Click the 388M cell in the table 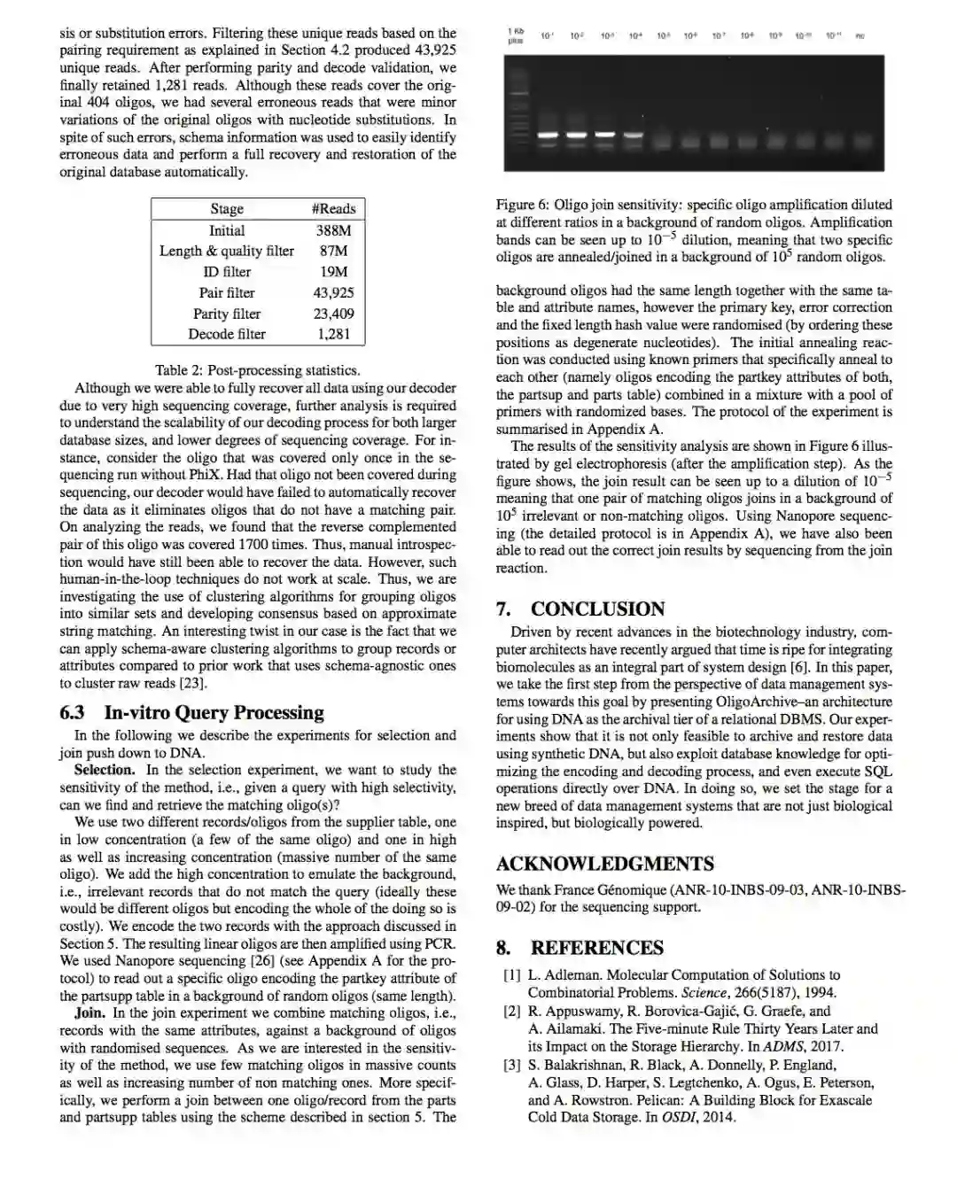(x=333, y=230)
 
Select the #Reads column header (x=333, y=209)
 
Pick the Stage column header (x=227, y=209)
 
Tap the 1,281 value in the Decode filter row (x=333, y=334)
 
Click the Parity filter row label (x=227, y=314)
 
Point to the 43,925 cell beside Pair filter (x=333, y=292)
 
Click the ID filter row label (x=227, y=272)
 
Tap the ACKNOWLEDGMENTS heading (x=604, y=865)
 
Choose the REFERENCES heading (x=580, y=949)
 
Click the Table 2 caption (x=257, y=370)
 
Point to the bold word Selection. (x=105, y=770)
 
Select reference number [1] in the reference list (x=512, y=975)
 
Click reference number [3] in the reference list (x=512, y=1066)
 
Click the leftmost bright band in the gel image (x=549, y=135)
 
